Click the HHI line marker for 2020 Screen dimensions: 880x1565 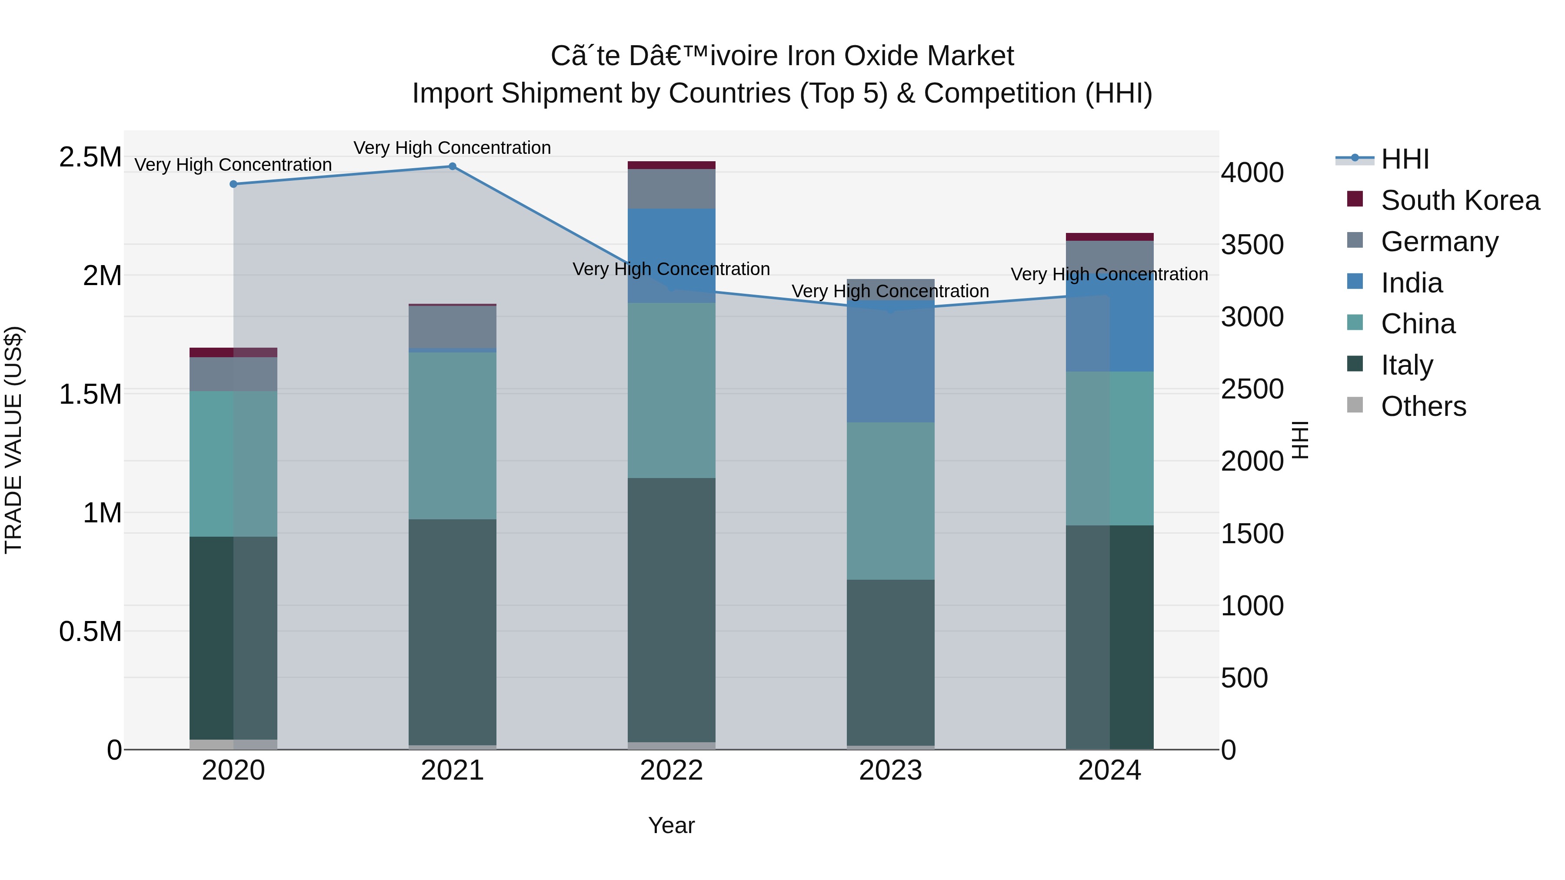coord(233,184)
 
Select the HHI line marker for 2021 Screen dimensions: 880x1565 coord(452,166)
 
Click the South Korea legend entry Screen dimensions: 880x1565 coord(1459,200)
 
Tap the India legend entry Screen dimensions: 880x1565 coord(1411,283)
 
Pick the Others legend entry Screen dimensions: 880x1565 coord(1423,406)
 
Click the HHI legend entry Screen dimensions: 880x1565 coord(1405,159)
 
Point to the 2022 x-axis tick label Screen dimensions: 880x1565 coord(671,770)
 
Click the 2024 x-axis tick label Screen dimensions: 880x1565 coord(1109,770)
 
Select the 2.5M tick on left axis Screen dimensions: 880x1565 coord(90,157)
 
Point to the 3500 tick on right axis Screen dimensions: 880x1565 coord(1252,245)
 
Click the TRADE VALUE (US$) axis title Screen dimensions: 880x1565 coord(13,440)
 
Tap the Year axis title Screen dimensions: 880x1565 coord(671,825)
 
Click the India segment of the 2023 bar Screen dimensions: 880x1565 coord(890,362)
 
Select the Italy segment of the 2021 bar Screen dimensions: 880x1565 coord(452,631)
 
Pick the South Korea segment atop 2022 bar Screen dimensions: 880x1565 coord(671,165)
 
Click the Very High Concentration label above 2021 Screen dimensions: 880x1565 coord(452,148)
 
